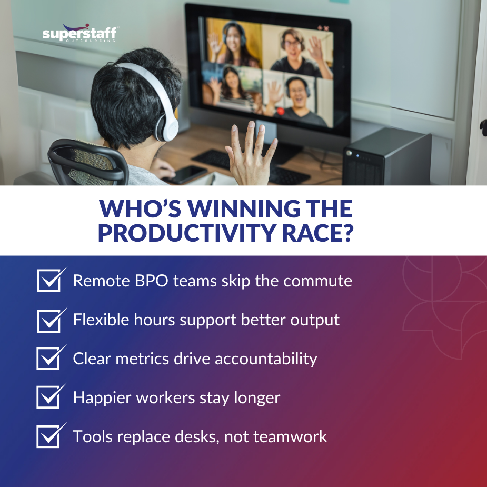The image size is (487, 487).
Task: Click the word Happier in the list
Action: point(102,398)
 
